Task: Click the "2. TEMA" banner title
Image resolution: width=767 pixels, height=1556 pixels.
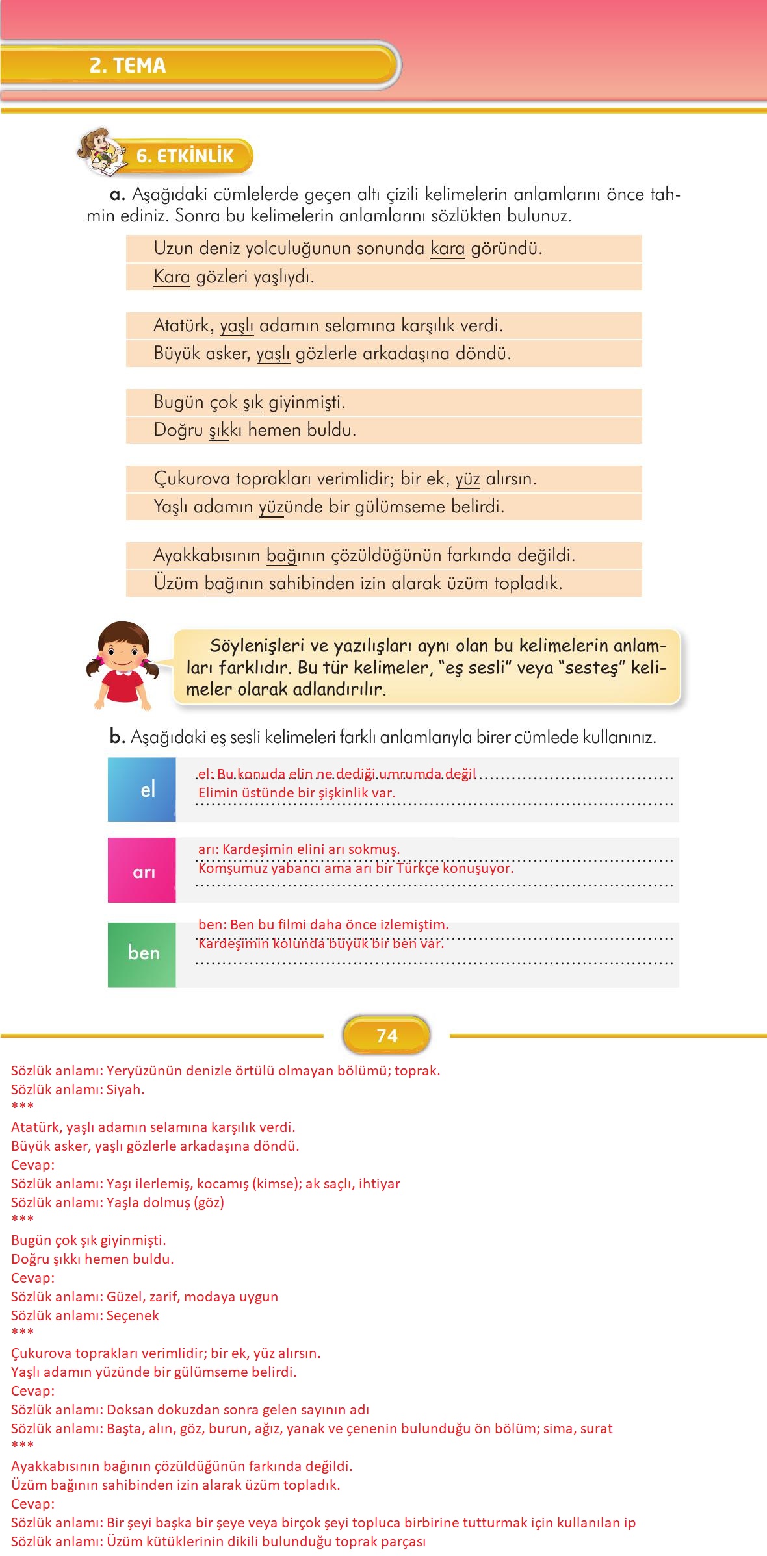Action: coord(128,66)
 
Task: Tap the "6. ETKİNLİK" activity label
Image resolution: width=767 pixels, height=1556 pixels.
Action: coord(185,156)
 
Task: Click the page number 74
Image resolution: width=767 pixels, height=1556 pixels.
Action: coord(387,1035)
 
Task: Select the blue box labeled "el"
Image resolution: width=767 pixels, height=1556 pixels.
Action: coord(142,789)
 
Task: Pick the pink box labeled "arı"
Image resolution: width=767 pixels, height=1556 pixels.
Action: coord(142,870)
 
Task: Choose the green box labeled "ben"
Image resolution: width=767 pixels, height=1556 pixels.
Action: coord(142,953)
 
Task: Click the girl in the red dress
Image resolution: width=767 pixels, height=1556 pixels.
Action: coord(122,666)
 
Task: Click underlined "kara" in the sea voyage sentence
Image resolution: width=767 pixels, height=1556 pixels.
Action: coord(447,249)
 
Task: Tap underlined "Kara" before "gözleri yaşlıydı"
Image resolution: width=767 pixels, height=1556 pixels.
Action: coord(172,277)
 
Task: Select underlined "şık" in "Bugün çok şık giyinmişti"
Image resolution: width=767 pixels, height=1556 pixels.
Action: coord(253,403)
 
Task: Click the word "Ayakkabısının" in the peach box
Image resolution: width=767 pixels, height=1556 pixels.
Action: coord(207,556)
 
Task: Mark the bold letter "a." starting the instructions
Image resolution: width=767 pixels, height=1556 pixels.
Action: coord(117,194)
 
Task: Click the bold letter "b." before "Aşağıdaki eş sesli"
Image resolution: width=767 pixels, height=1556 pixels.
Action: coord(117,737)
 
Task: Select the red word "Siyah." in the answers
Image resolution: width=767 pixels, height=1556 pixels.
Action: coord(125,1089)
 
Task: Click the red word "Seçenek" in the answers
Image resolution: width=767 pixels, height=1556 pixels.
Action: coord(133,1315)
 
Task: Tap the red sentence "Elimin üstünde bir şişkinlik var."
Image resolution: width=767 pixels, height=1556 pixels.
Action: coord(296,792)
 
